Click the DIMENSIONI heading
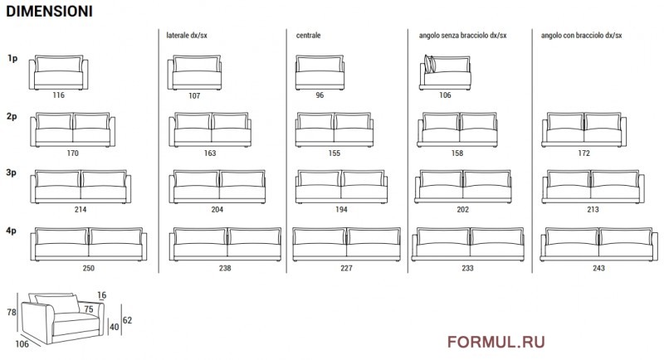pos(49,12)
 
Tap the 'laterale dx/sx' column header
pos(187,36)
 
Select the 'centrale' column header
pos(308,36)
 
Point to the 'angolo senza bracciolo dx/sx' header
pos(463,36)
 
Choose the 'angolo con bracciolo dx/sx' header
pos(582,36)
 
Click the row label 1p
pos(12,58)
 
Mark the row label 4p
pos(12,231)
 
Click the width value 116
pos(58,95)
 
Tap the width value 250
pos(89,268)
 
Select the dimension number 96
pos(320,95)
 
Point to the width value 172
pos(584,153)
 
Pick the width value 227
pos(346,268)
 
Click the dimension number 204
pos(217,209)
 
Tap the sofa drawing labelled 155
pos(334,129)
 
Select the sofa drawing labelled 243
pos(598,244)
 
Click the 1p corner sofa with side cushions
pos(445,72)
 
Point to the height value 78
pos(12,312)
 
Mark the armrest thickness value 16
pos(101,295)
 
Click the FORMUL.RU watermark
pos(496,342)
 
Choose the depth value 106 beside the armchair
pos(22,344)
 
